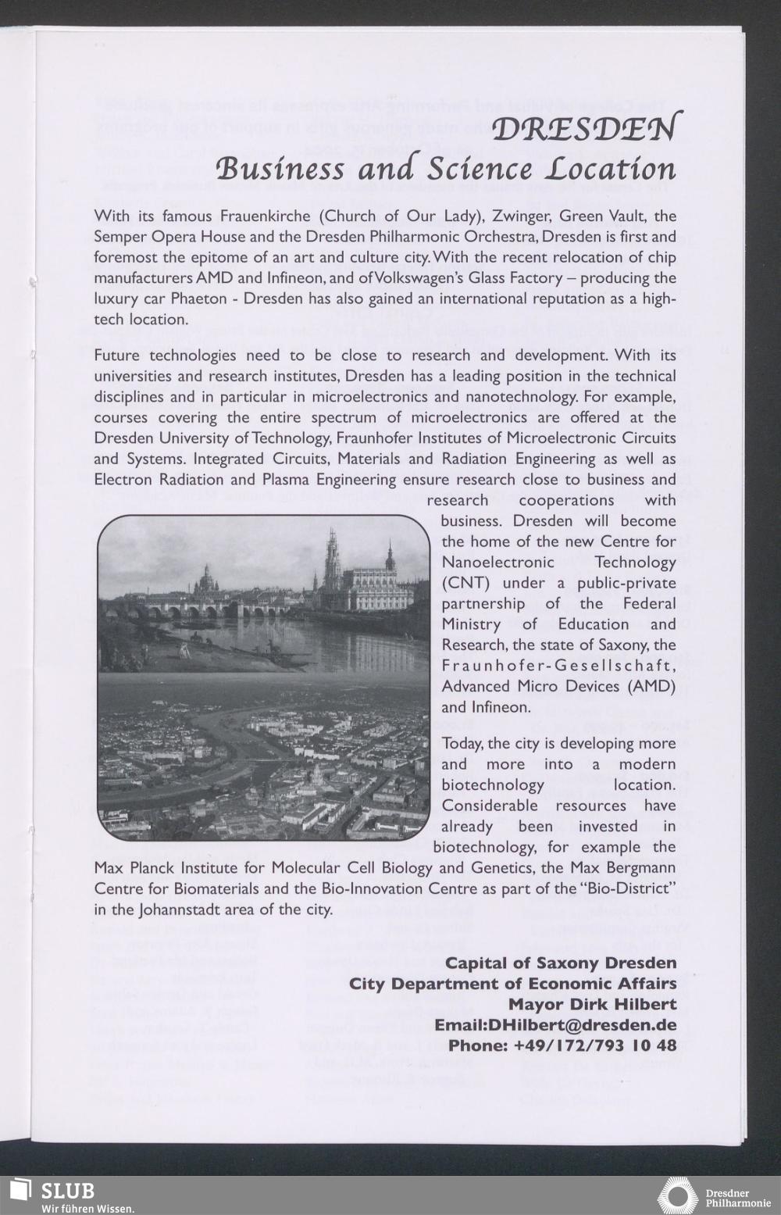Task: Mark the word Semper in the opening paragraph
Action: pos(119,236)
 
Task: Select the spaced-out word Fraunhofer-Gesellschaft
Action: pos(558,666)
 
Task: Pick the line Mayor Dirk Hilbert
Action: pos(592,1003)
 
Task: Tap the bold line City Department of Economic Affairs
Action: pos(512,982)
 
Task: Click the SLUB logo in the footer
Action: pos(55,1194)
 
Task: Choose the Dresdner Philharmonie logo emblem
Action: pos(677,1195)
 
